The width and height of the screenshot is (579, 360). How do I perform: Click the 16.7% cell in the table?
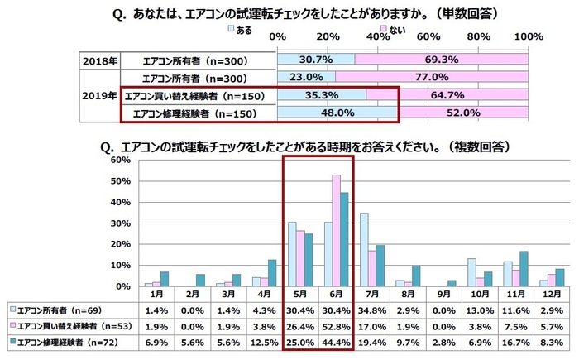click(x=511, y=342)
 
